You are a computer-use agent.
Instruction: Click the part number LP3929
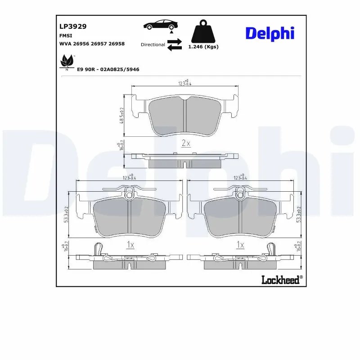tap(72, 27)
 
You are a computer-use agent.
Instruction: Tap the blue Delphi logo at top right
tap(270, 33)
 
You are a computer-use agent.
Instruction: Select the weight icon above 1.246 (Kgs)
tap(203, 31)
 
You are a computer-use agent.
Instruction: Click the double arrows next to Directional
tap(174, 45)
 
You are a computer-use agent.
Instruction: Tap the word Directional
tap(153, 45)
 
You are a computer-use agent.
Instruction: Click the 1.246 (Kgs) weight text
tap(203, 47)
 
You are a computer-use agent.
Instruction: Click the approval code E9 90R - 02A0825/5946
tap(108, 69)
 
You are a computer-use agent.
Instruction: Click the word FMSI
tap(66, 35)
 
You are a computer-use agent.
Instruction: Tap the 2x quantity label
tap(185, 144)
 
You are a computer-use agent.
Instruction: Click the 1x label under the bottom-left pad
tap(130, 245)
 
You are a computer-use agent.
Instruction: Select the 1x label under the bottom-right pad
tap(240, 245)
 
